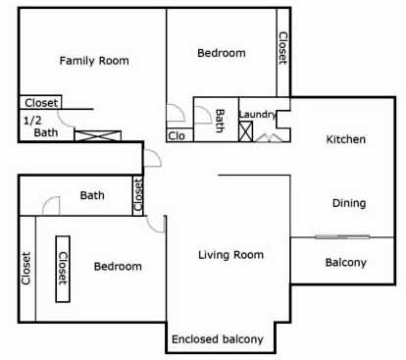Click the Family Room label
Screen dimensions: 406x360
tap(94, 61)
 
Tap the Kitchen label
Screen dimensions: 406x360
tap(346, 139)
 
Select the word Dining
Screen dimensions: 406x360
tap(349, 203)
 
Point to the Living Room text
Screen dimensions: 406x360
tap(230, 255)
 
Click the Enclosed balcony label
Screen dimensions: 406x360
tap(218, 339)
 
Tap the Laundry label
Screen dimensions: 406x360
tap(258, 115)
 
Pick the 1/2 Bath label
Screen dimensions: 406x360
tap(40, 127)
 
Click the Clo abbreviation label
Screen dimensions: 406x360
tap(177, 135)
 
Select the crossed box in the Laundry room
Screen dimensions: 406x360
tap(246, 131)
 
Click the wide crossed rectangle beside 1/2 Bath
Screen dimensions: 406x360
tap(98, 135)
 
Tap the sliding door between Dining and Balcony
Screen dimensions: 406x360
tap(342, 237)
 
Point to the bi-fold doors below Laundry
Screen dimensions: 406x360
tap(269, 138)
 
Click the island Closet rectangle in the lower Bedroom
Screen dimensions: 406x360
tap(63, 269)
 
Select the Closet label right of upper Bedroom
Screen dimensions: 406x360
tap(282, 48)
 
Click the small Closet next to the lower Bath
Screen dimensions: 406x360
tap(138, 195)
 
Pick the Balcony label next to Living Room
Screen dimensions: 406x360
tap(346, 263)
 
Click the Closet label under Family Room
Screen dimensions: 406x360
tap(41, 103)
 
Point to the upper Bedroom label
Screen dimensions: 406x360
tap(222, 53)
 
